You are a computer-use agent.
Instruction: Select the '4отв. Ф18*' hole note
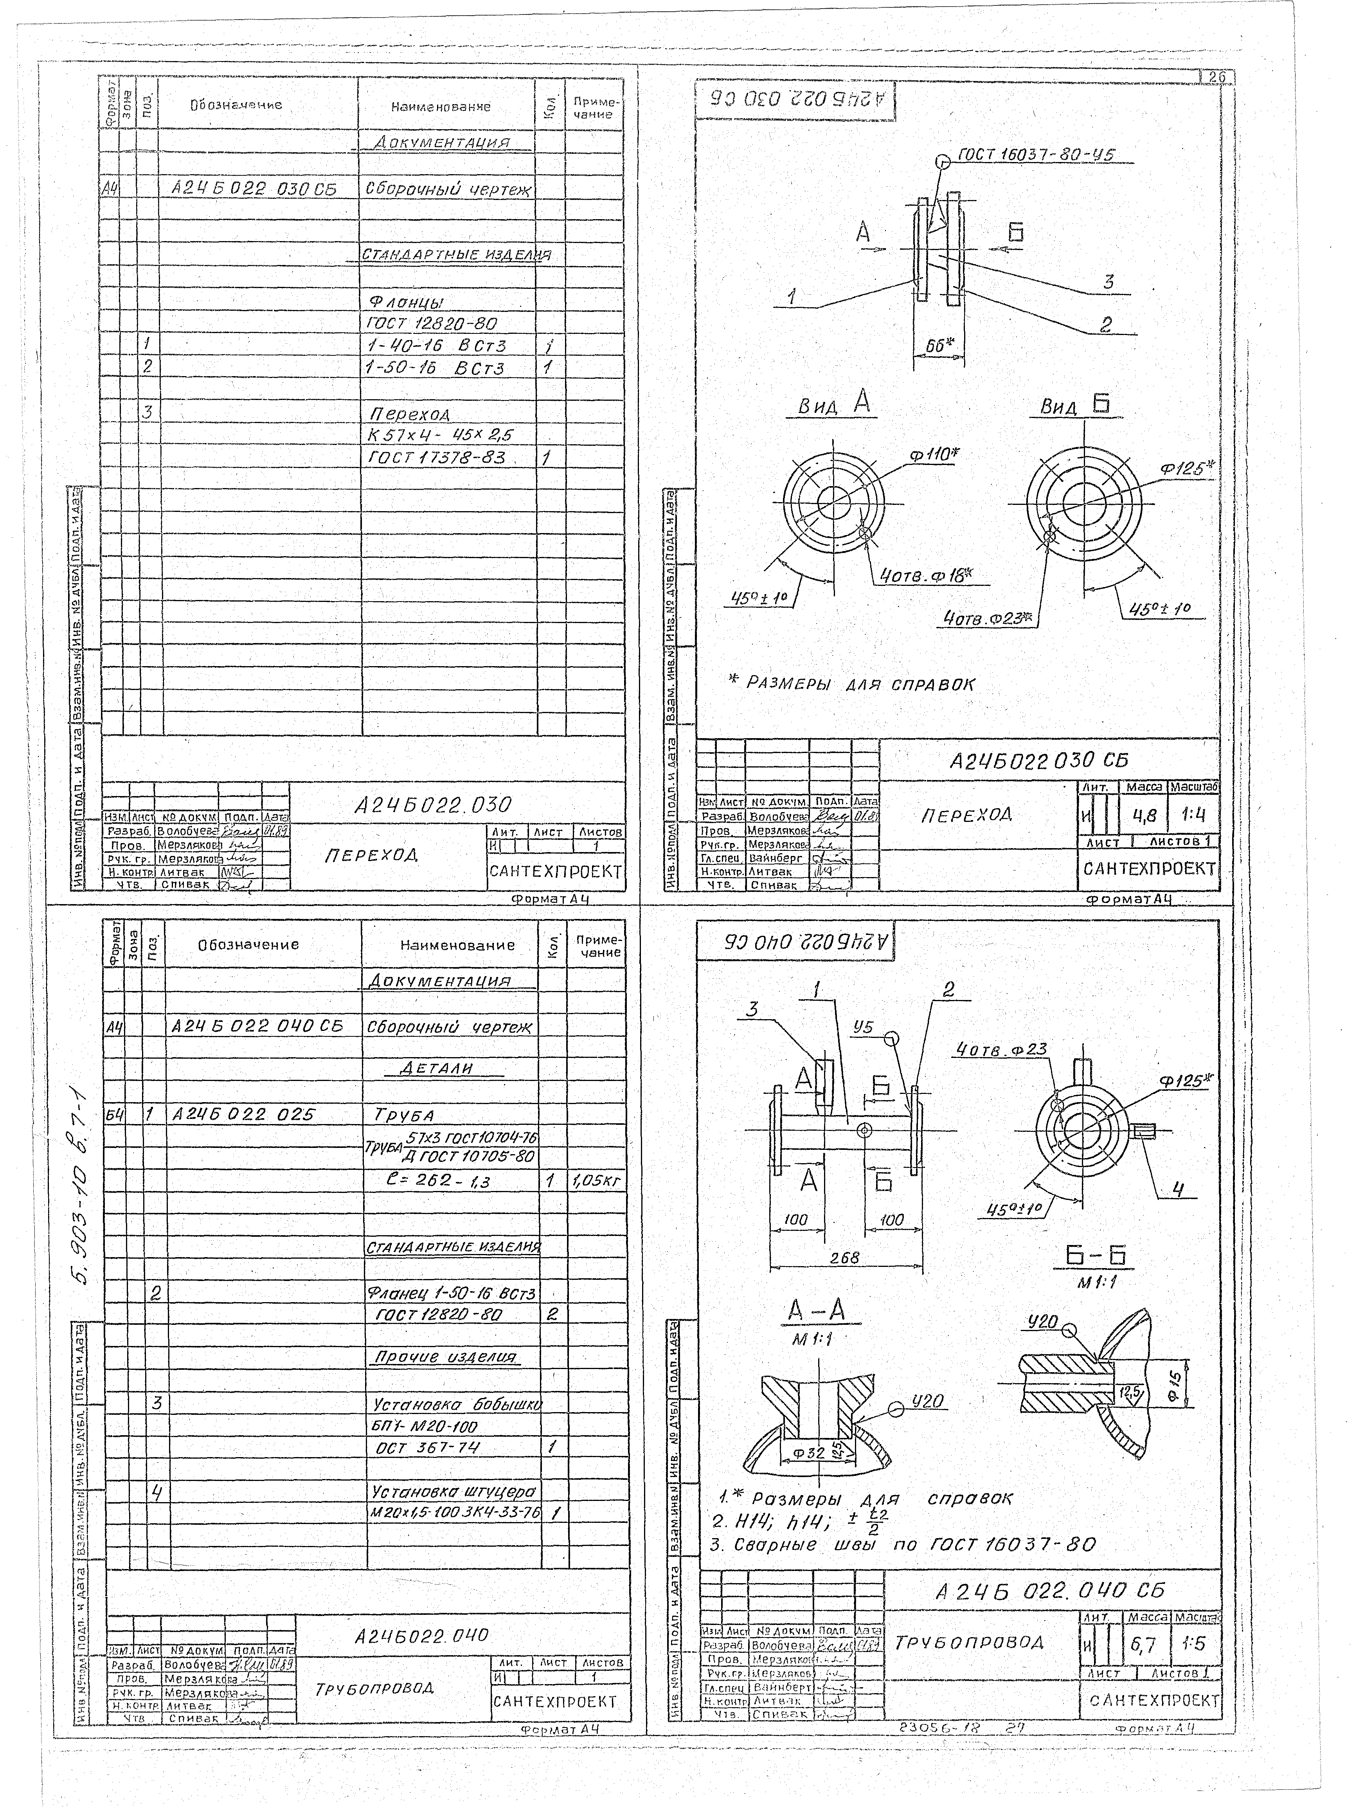pyautogui.click(x=925, y=575)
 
